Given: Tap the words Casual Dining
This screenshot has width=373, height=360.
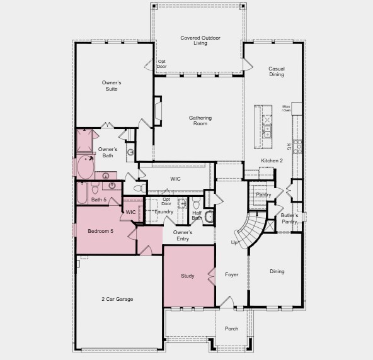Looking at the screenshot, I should coord(276,72).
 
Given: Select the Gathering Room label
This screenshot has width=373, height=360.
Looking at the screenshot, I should coord(200,120).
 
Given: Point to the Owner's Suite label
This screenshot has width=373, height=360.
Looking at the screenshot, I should coord(111,86).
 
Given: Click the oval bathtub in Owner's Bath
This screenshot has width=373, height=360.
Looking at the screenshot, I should coord(85,167).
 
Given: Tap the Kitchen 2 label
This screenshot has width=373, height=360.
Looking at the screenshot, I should coord(272,161).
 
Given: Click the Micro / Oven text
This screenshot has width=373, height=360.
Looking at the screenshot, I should coord(286,108).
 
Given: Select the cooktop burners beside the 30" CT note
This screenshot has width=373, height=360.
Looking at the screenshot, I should coord(298,147).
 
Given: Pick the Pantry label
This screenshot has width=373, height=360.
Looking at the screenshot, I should coord(263,194).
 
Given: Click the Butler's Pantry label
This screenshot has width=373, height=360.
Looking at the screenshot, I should coord(289,218).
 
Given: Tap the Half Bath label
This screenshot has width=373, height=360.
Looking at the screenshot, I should coord(197,215).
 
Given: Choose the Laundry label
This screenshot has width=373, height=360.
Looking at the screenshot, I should coord(164,211).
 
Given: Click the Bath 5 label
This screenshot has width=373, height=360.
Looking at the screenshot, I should coord(98,200).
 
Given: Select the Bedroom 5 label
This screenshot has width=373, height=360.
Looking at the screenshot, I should coord(100,231).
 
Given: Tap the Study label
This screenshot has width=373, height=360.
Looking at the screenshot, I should coord(188,276).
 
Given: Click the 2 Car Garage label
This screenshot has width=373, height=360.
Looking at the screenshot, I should coord(117,299).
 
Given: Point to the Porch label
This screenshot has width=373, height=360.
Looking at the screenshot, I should coord(231,328).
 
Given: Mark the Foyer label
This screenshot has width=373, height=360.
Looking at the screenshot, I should coord(232,275).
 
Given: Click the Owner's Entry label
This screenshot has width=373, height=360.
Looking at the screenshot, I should coord(183,235).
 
